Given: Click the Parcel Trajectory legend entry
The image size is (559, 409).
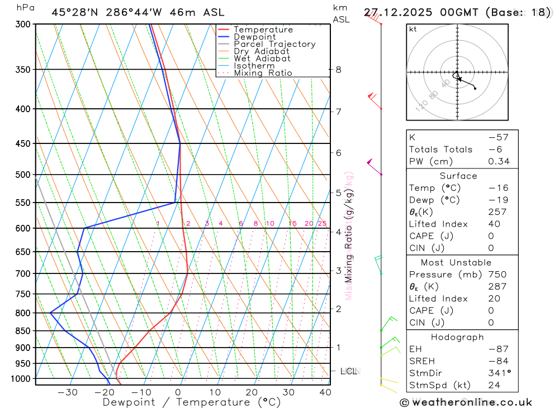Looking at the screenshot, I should (274, 44).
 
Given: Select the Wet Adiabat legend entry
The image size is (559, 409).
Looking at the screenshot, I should (262, 59).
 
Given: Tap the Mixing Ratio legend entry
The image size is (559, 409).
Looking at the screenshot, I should (263, 73).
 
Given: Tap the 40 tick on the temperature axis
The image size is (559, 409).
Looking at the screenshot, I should (324, 392).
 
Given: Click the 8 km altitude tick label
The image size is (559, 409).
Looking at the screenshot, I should (338, 70).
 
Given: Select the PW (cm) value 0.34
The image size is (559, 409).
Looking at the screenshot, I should (499, 162).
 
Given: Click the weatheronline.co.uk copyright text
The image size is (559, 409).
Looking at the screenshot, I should (466, 402).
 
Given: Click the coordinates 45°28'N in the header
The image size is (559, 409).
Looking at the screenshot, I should (75, 12).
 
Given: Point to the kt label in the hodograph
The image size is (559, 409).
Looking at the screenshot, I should (413, 30).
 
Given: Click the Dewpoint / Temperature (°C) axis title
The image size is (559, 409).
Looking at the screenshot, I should (192, 402).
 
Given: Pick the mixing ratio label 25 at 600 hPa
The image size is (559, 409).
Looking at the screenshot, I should (321, 224).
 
